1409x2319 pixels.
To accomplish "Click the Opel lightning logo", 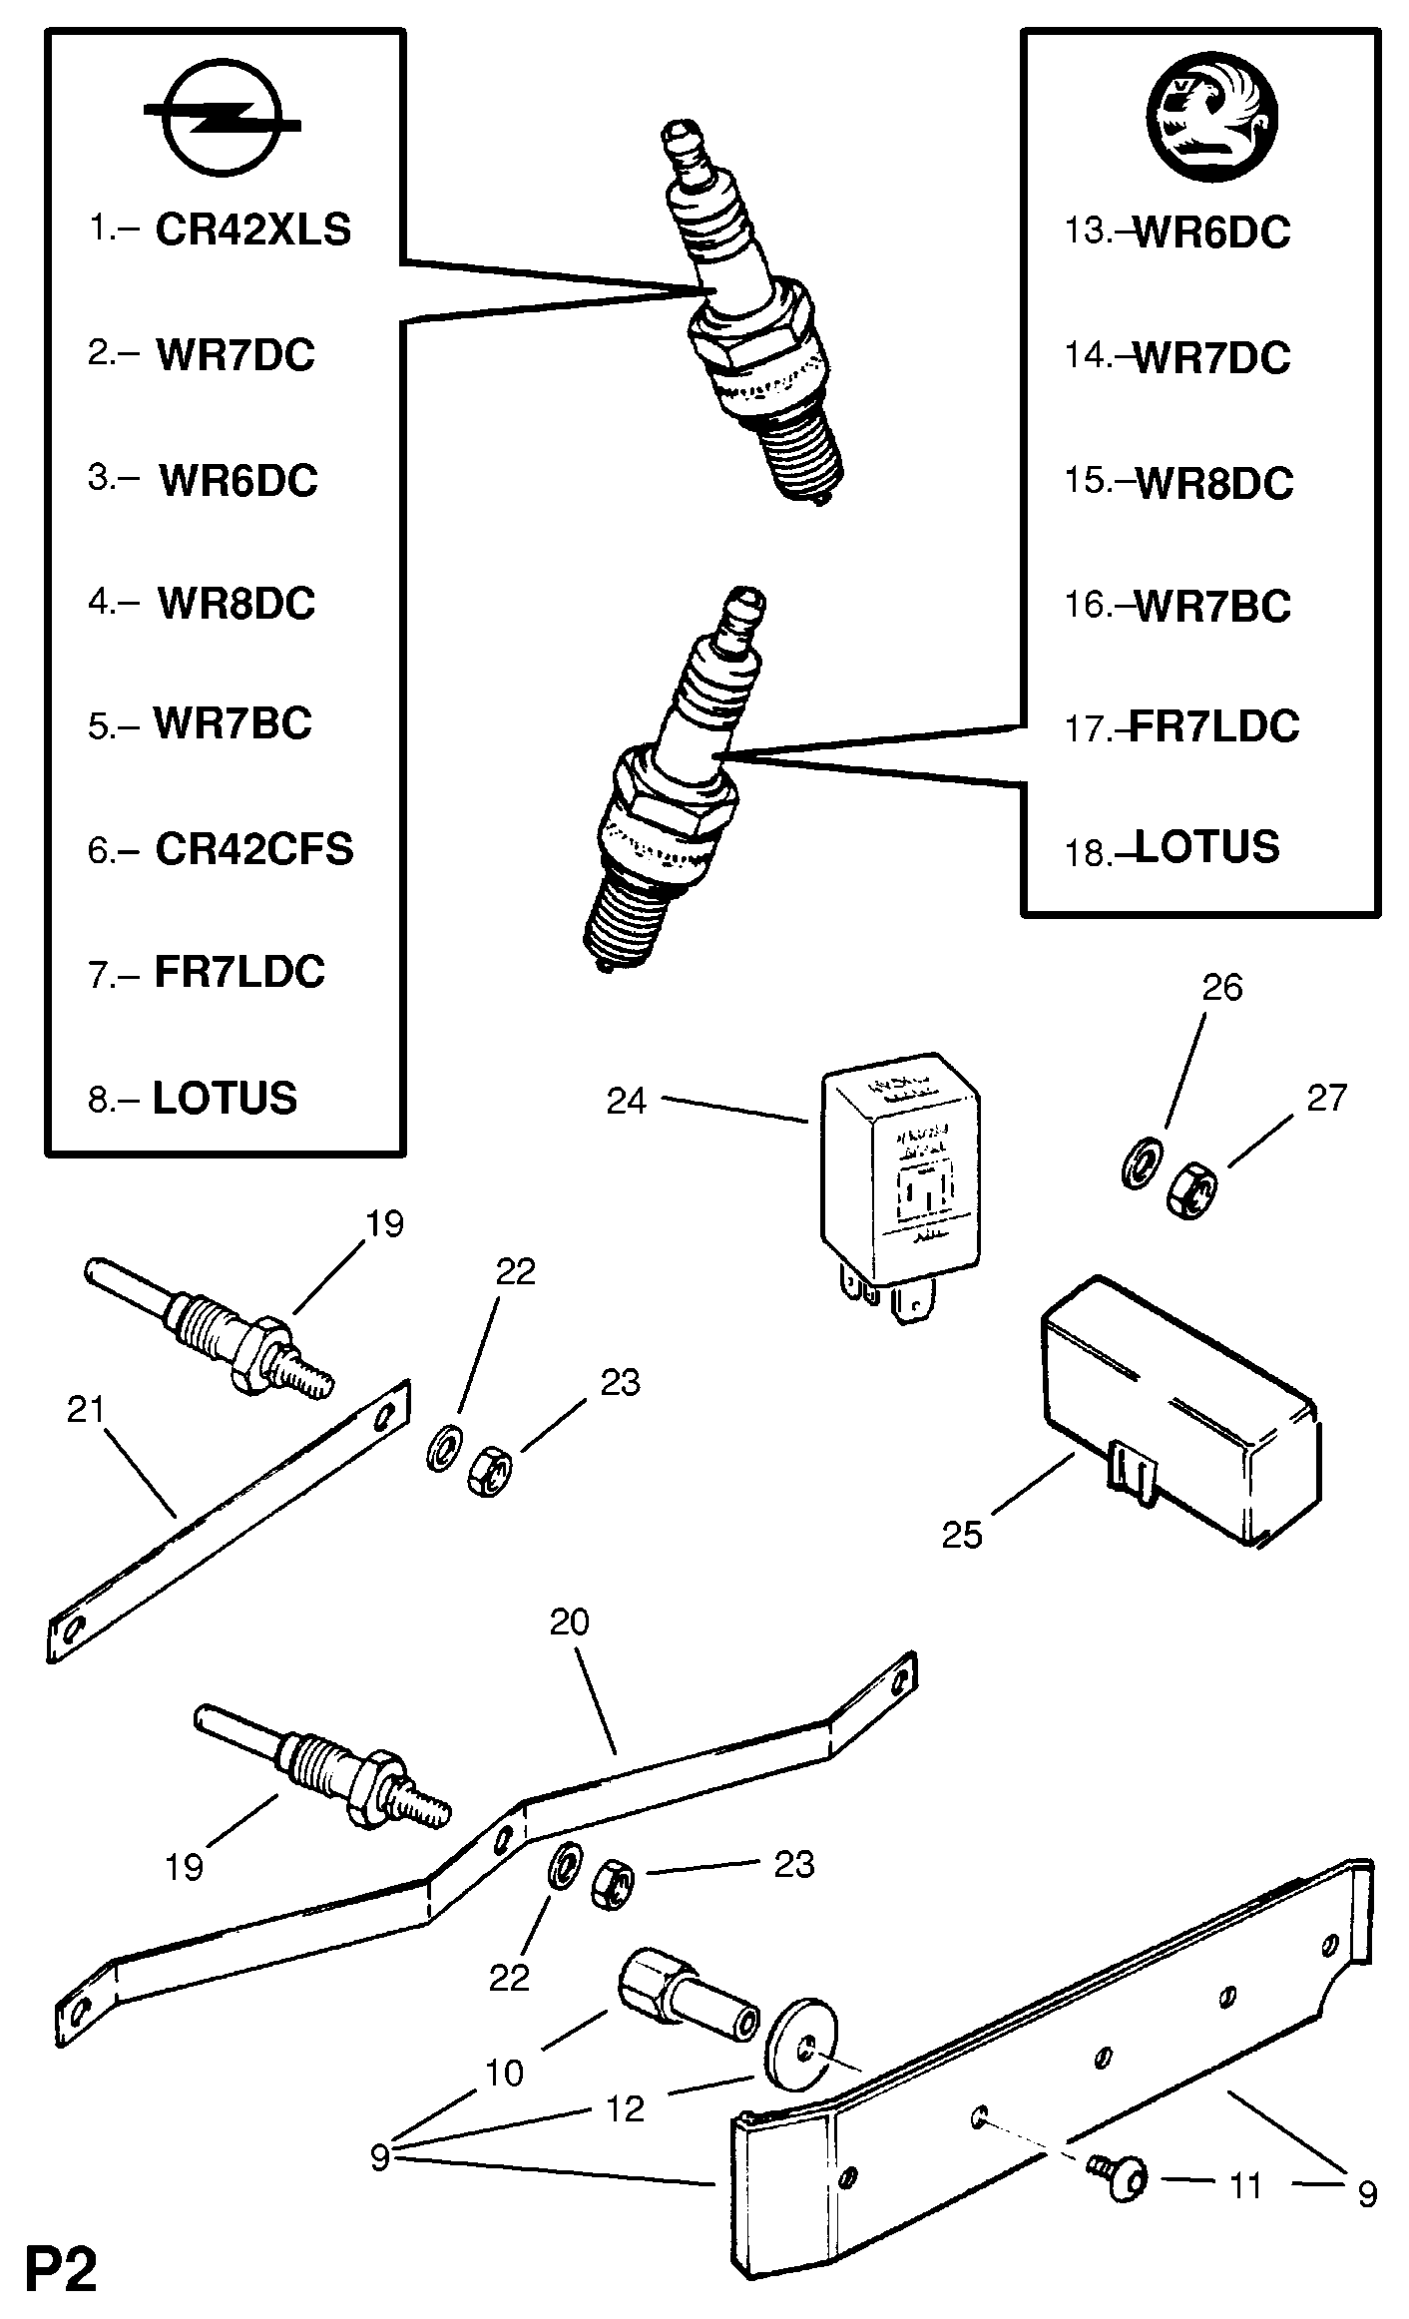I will (222, 124).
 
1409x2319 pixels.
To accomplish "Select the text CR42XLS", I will (253, 231).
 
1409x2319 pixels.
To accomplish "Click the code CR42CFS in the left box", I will (254, 849).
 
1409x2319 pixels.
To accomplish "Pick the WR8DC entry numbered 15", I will (1214, 483).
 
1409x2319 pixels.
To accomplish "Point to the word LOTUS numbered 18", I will (1207, 847).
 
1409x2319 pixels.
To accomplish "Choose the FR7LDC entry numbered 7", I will (239, 972).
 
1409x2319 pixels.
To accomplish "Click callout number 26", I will (1222, 987).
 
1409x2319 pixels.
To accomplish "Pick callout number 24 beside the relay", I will (627, 1102).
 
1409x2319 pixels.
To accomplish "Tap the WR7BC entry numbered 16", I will (1212, 607).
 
